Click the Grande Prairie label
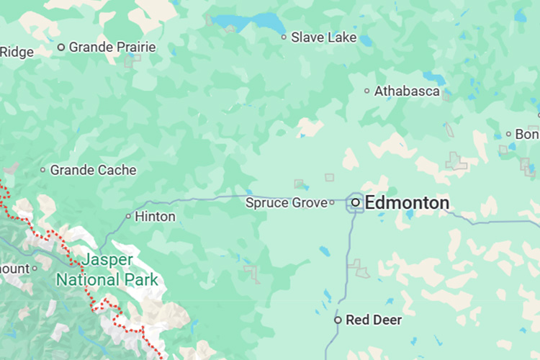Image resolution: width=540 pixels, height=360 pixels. click(x=112, y=48)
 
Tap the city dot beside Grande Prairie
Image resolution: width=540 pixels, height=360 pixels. click(x=61, y=48)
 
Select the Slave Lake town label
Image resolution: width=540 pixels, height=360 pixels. click(x=323, y=37)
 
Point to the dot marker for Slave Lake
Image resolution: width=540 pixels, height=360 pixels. click(x=284, y=37)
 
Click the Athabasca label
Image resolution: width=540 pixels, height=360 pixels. click(x=407, y=91)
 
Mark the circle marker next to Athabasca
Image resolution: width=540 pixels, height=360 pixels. click(x=367, y=91)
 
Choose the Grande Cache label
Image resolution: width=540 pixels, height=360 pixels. click(x=93, y=171)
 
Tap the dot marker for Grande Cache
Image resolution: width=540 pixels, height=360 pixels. click(x=43, y=171)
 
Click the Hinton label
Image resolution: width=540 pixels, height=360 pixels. click(x=155, y=217)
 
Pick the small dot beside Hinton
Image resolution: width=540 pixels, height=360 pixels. click(x=129, y=216)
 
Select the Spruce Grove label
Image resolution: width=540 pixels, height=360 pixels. click(x=286, y=203)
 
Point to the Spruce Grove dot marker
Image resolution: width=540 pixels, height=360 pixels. click(x=332, y=203)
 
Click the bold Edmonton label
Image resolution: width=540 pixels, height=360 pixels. click(x=407, y=203)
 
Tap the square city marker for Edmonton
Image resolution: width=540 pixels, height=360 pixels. click(x=356, y=203)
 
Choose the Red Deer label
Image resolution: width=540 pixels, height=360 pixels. click(x=374, y=320)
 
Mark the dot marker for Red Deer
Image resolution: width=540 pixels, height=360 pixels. click(x=338, y=320)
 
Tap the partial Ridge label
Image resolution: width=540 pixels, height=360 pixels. click(x=17, y=52)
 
